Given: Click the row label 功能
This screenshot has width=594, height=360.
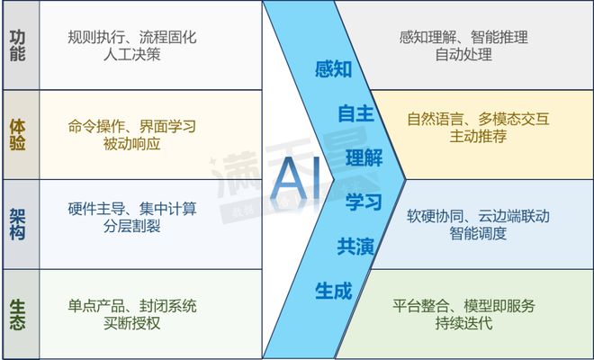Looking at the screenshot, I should [17, 45].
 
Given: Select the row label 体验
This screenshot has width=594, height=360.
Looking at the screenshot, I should [17, 133].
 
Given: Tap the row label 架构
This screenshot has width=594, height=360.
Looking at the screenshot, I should [17, 223].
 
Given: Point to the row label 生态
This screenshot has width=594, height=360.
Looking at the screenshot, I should [17, 312].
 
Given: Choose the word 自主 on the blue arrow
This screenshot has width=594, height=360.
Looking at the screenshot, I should [355, 113].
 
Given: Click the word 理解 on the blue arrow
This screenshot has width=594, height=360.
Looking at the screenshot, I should [364, 157].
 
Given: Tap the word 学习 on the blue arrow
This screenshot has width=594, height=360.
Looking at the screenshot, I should [364, 201].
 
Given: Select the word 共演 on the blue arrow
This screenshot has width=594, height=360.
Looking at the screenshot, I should [355, 245].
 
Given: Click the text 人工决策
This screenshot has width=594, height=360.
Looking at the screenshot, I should [132, 55].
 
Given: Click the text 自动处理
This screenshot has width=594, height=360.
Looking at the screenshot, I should [463, 55].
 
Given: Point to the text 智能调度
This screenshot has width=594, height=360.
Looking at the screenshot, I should [479, 234].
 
